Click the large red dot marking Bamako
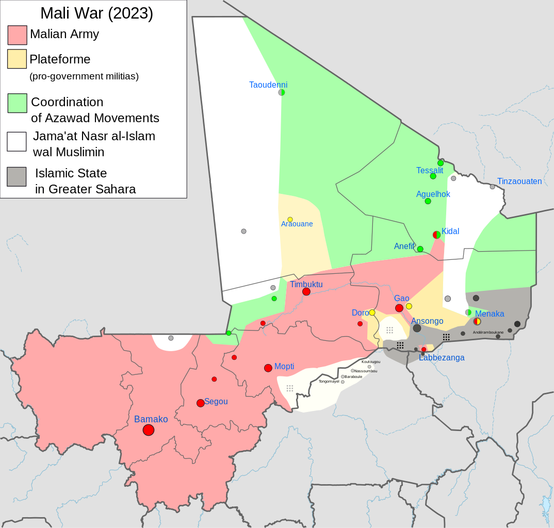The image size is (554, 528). pos(149,430)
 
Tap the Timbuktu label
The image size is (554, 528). pos(306,284)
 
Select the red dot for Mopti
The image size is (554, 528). pos(268,368)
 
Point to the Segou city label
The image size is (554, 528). pos(216,401)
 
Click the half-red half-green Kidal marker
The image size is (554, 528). pos(436,235)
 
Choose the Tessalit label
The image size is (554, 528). pos(430,170)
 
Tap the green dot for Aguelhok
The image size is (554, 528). pos(428,201)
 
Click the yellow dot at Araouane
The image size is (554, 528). pos(290,219)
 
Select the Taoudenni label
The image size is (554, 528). pos(268,85)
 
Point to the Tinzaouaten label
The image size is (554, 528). pos(519,181)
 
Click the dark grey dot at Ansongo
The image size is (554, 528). pos(417,328)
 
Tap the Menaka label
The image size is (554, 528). pos(490,313)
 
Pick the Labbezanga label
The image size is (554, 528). pos(442,357)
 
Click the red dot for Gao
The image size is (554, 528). pos(399,308)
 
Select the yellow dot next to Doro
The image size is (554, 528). pos(372,312)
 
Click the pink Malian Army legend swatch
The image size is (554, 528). pos(18,35)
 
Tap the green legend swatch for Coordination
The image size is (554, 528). pos(18,103)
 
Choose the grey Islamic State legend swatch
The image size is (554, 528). pos(17,176)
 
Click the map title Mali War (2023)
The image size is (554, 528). pos(96,13)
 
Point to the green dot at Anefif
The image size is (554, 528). pos(420,249)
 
